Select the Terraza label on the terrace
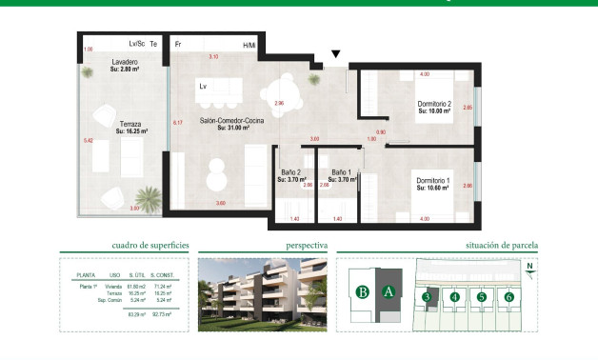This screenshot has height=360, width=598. pyautogui.click(x=130, y=124)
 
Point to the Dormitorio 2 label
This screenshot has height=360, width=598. pyautogui.click(x=433, y=104)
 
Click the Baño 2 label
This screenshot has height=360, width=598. pyautogui.click(x=289, y=171)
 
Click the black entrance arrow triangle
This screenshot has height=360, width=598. pyautogui.click(x=334, y=55)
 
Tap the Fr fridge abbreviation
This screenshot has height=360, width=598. pyautogui.click(x=177, y=45)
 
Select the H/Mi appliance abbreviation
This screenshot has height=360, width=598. pyautogui.click(x=249, y=46)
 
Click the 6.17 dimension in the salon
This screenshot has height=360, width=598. pyautogui.click(x=177, y=123)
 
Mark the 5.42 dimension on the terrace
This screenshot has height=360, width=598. pyautogui.click(x=89, y=141)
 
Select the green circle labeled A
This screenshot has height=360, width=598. pyautogui.click(x=388, y=292)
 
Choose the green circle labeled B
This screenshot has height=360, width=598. pyautogui.click(x=362, y=292)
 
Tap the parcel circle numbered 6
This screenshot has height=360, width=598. pyautogui.click(x=509, y=297)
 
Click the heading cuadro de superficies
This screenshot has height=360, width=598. pyautogui.click(x=149, y=246)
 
